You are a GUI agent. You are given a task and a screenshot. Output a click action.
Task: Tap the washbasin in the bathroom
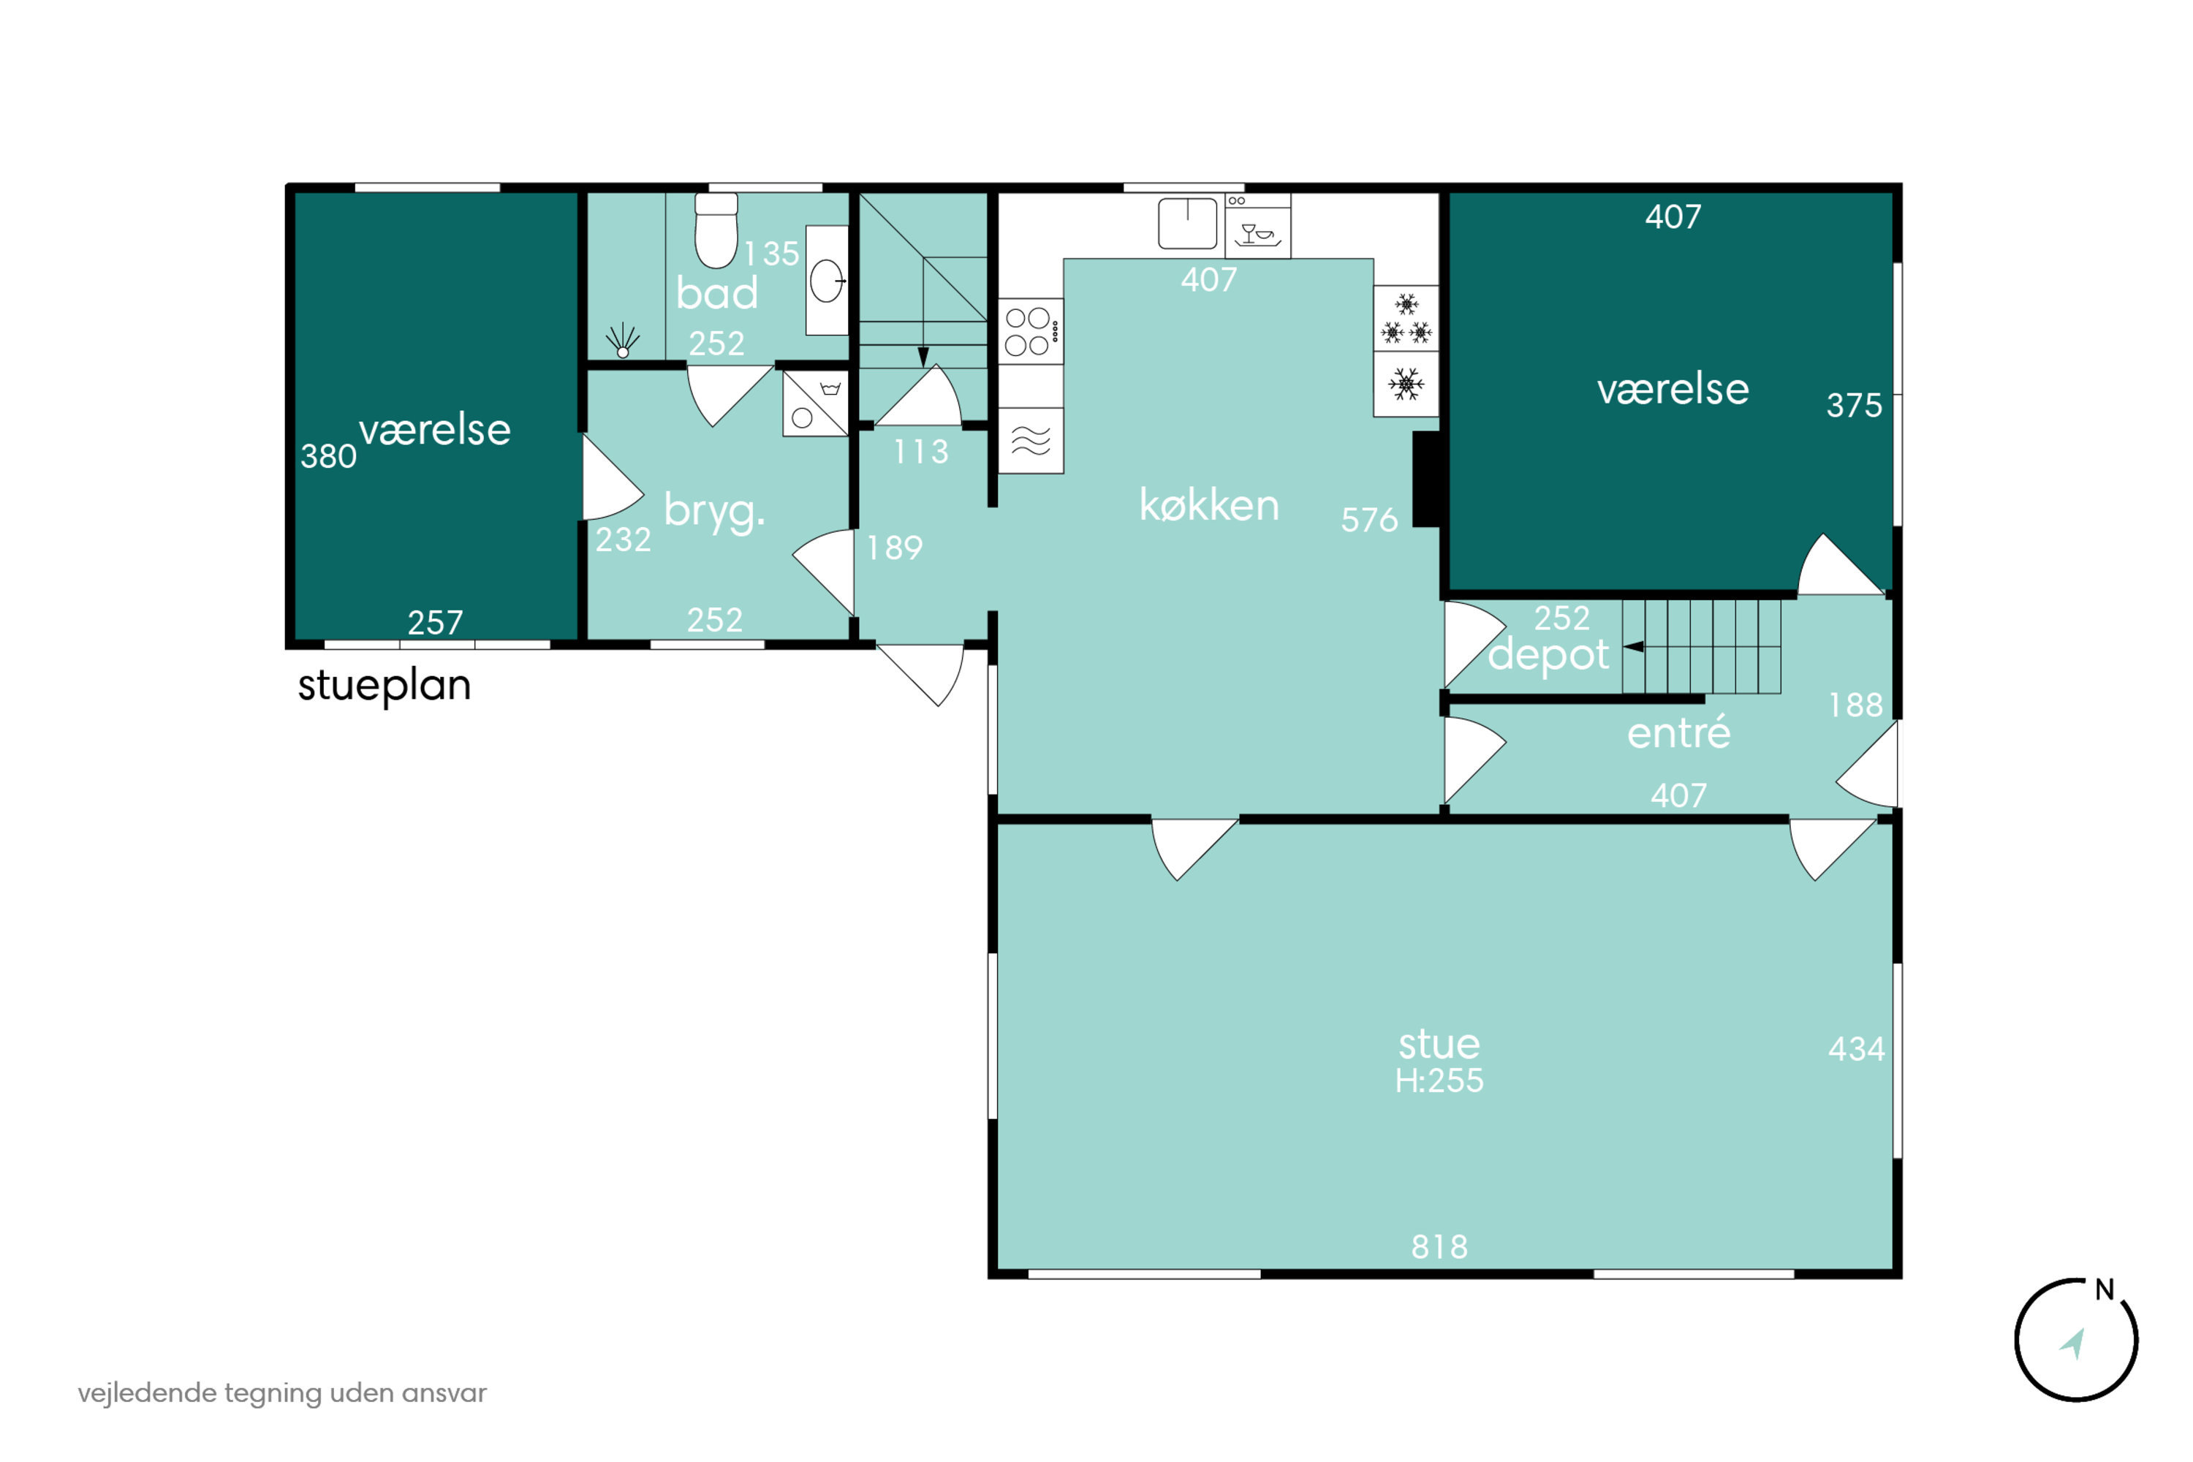point(827,281)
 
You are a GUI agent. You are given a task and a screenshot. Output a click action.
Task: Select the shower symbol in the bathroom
point(622,341)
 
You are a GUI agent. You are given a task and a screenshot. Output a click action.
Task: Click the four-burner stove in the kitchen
point(1030,331)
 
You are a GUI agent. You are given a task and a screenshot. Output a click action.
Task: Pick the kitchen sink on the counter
point(1187,223)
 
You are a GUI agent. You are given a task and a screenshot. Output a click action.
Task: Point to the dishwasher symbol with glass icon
point(1258,226)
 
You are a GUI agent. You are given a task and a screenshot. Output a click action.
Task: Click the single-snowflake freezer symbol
point(1406,383)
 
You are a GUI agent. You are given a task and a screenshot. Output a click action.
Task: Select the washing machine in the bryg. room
point(815,403)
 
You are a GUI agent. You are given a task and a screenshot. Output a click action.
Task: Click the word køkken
point(1209,505)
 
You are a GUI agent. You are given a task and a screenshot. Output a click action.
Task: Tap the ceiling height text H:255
point(1439,1080)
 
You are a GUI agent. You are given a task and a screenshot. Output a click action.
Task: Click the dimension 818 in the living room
point(1439,1246)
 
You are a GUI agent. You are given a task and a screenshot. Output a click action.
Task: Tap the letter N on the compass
point(2105,1289)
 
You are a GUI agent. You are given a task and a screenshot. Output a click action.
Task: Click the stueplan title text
point(385,686)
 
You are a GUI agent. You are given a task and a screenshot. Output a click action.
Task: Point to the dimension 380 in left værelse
point(328,456)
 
